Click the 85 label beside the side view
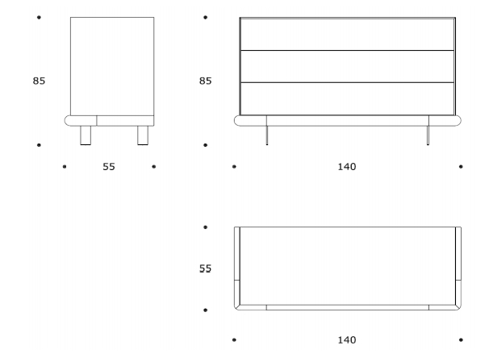pos(39,81)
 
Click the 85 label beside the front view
pos(206,81)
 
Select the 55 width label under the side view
pos(109,167)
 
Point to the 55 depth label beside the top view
pos(206,268)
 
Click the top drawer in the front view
pos(347,34)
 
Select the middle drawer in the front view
pos(347,66)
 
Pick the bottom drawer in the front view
pos(347,98)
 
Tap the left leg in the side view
pos(86,135)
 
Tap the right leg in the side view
pos(143,135)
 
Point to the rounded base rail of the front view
pos(348,121)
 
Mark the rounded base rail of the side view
pos(109,121)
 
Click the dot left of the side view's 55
pos(65,167)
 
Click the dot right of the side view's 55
pos(153,167)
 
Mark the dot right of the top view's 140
pos(460,339)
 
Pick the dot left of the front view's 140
pos(234,167)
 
